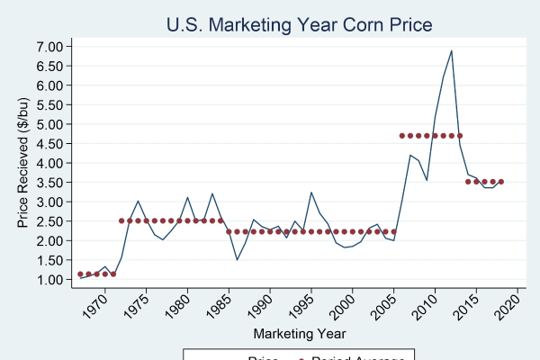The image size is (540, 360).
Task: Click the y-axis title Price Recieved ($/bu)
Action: (24, 162)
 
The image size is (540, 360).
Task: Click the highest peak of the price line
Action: (451, 50)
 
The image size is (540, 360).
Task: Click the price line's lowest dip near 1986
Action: (237, 260)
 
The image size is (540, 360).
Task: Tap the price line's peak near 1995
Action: (310, 192)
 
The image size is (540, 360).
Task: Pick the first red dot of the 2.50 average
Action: (121, 220)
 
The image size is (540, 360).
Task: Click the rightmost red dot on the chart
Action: (500, 182)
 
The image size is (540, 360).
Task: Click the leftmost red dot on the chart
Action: (80, 274)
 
